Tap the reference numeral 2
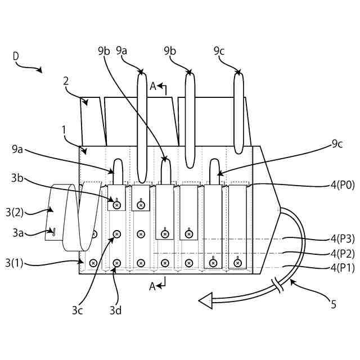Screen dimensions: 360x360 tap(66, 80)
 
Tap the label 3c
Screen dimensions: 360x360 tap(78, 310)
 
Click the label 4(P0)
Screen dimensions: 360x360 tap(342, 184)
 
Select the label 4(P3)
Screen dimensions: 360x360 tap(342, 238)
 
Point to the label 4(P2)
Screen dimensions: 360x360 tap(342, 253)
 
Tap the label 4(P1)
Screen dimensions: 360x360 tap(342, 268)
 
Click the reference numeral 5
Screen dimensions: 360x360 tap(334, 304)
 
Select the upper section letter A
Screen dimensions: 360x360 tap(153, 86)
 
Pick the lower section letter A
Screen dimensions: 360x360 tap(152, 286)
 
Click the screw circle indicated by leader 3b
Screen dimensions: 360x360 tap(116, 205)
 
